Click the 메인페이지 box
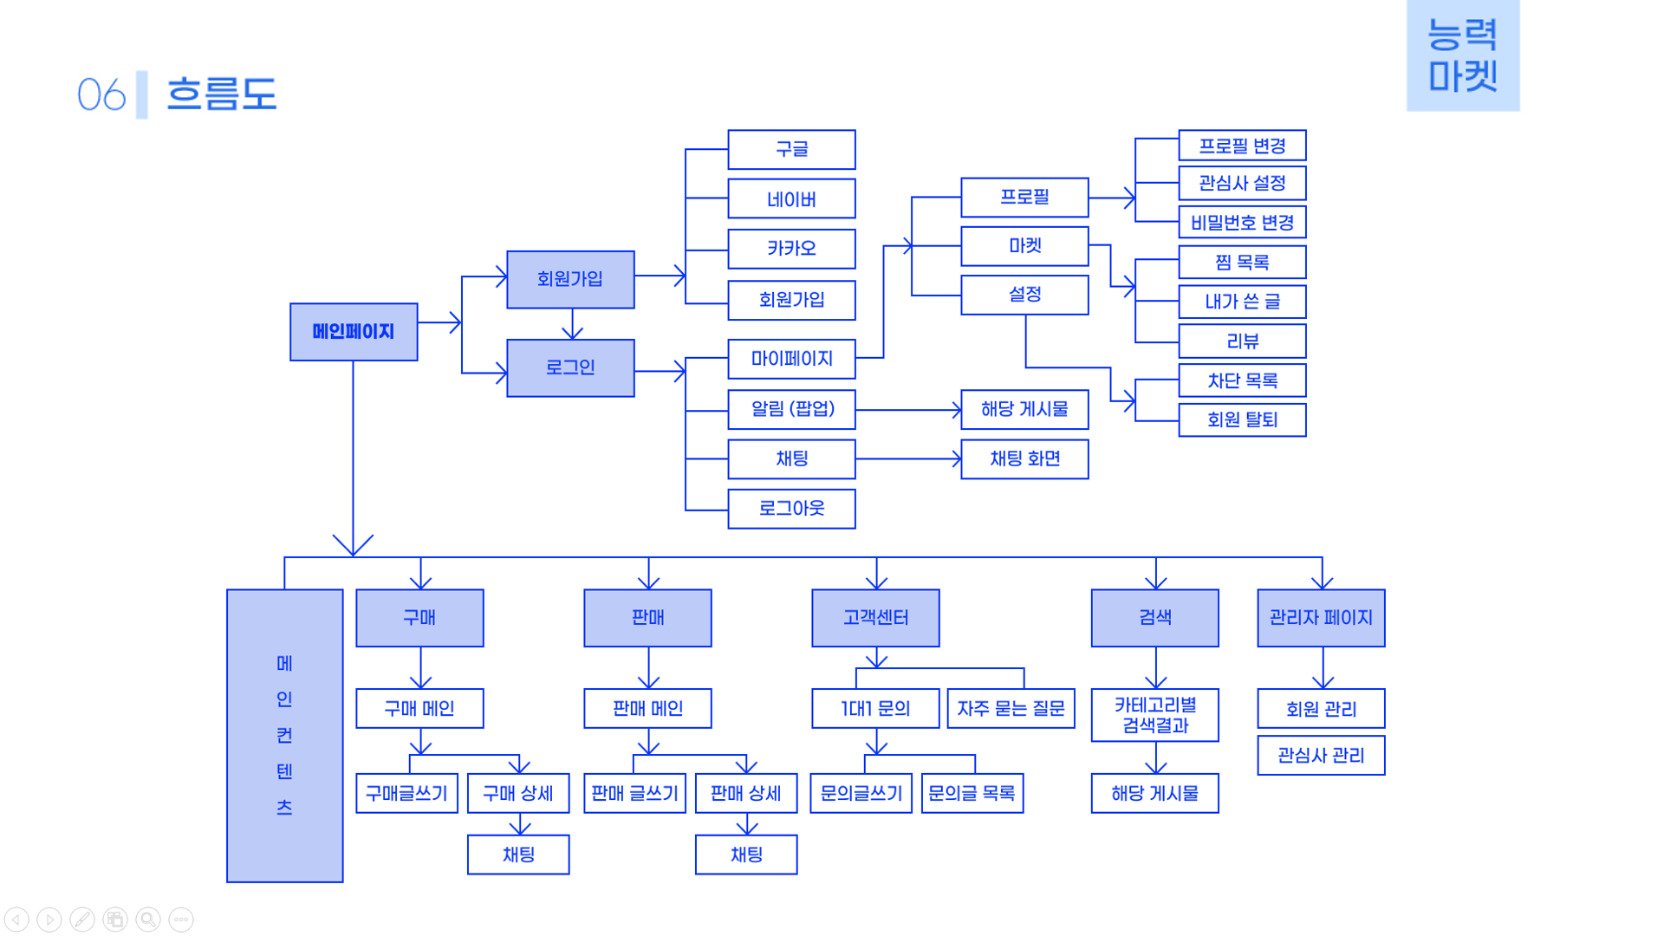click(354, 332)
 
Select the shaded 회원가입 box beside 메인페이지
click(570, 279)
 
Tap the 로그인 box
click(570, 367)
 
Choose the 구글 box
click(791, 149)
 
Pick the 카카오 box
click(791, 249)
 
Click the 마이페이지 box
click(791, 359)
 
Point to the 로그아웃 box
click(791, 509)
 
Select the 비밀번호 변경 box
click(1242, 222)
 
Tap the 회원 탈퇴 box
click(1242, 419)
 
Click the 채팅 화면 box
click(1024, 458)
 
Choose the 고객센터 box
click(875, 618)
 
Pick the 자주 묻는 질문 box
click(1011, 708)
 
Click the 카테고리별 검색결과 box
click(1154, 715)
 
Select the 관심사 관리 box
click(1321, 755)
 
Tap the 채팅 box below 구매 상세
click(518, 855)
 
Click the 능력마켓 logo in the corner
click(1463, 55)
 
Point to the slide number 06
click(101, 94)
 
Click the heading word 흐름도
click(222, 94)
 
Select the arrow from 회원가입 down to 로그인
click(572, 324)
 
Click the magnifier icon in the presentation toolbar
click(148, 920)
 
